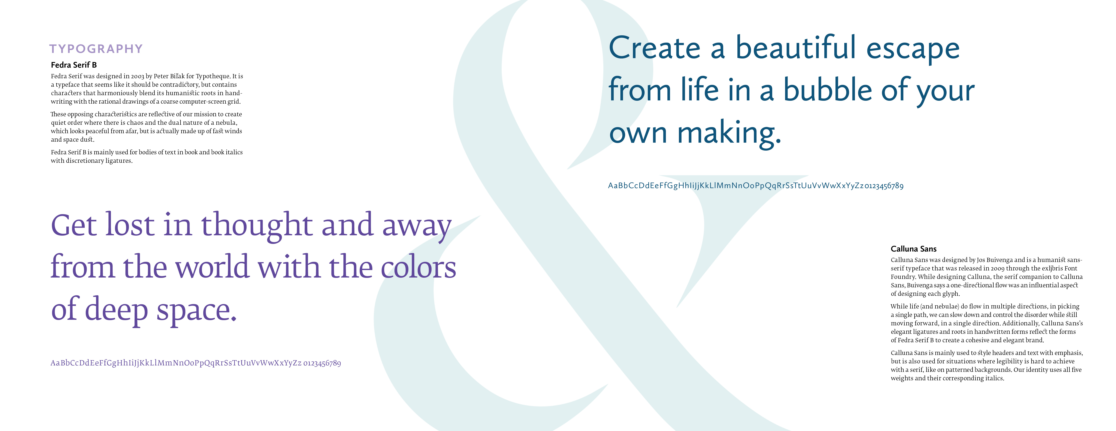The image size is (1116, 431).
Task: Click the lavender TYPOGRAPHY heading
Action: coord(96,49)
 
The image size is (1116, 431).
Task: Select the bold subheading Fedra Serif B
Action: coord(74,65)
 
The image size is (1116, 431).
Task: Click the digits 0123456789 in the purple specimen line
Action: coord(322,363)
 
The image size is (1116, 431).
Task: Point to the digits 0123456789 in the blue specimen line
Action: coord(884,186)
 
